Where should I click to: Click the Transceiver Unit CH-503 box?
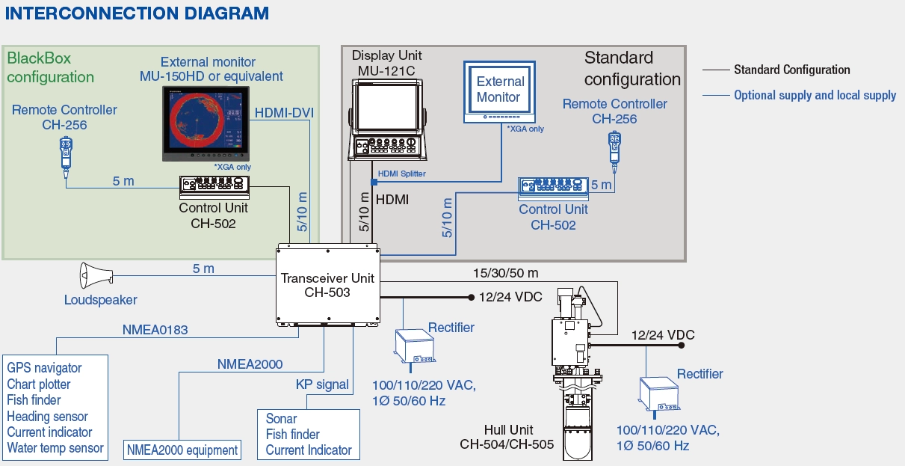327,285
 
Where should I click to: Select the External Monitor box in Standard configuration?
500,90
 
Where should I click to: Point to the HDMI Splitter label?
401,174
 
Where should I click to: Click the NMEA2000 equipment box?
182,450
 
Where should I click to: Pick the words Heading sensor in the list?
48,417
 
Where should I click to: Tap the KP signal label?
322,384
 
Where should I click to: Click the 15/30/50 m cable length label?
506,273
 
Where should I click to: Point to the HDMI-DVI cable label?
284,113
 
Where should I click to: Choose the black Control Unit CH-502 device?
214,186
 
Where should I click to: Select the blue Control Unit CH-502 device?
553,188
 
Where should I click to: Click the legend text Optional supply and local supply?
815,95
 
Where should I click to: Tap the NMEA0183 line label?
155,329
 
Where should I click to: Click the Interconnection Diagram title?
137,13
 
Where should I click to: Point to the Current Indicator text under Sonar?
309,450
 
